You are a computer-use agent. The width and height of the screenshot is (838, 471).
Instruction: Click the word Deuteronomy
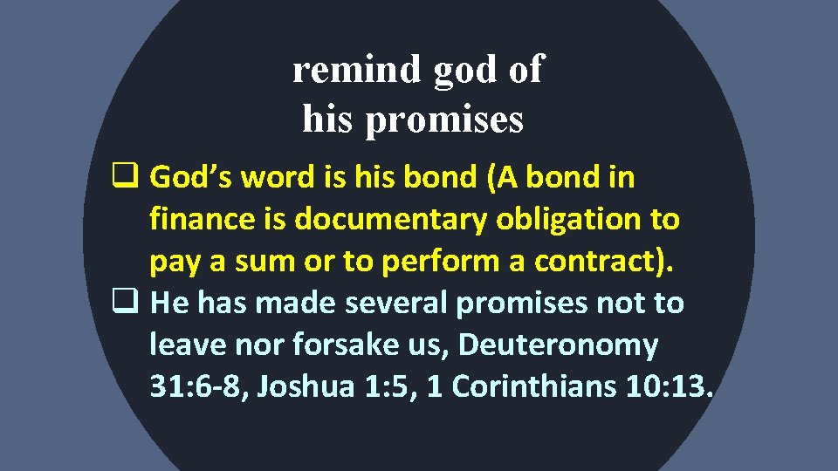(558, 345)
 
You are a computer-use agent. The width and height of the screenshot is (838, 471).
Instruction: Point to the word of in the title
(525, 70)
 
